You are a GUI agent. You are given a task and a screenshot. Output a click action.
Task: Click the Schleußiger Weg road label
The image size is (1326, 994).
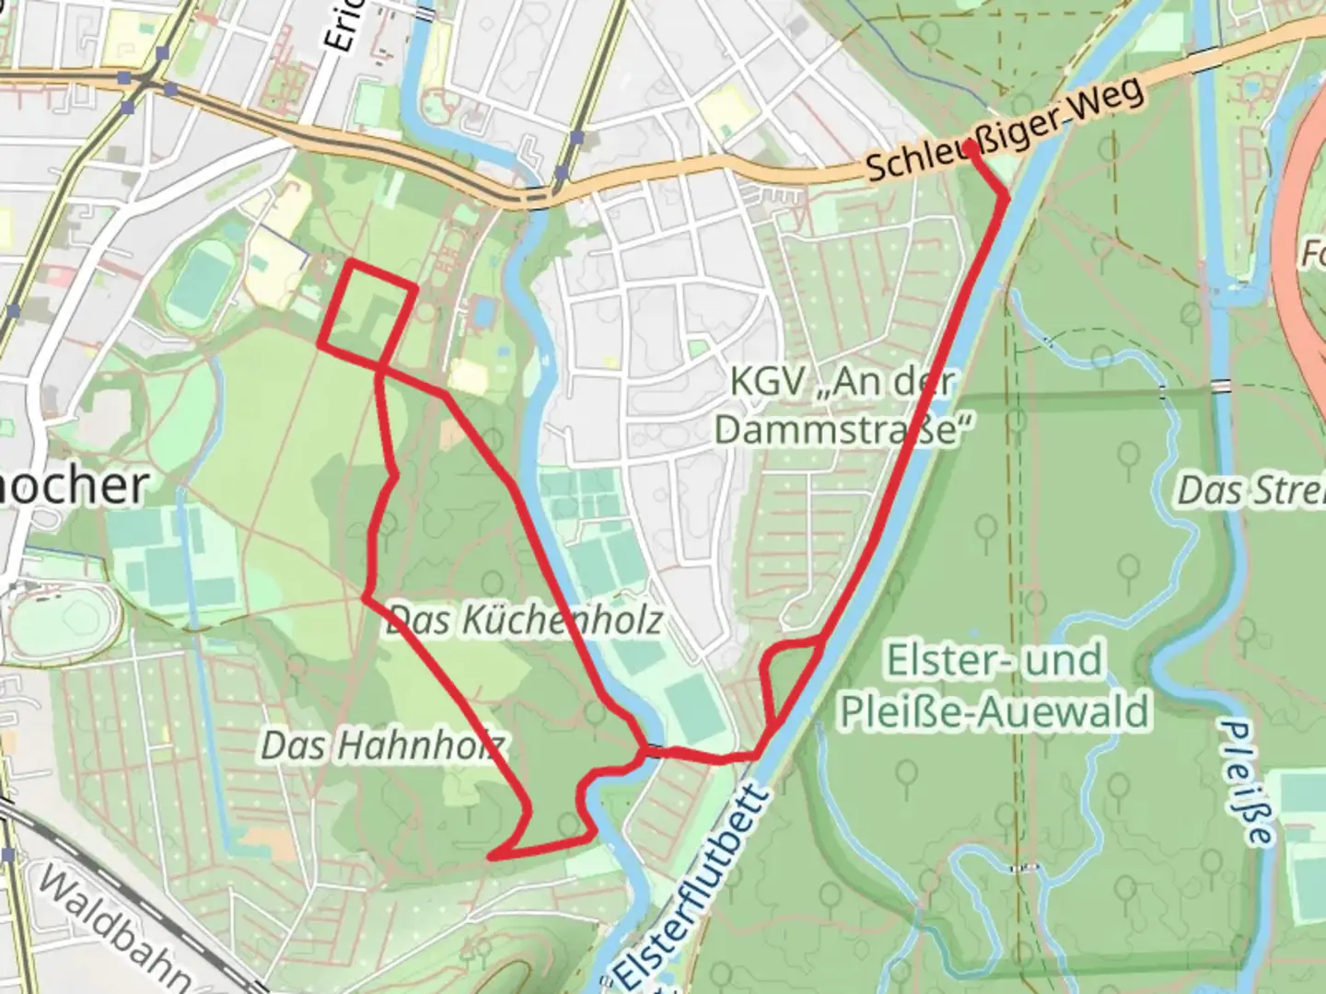pos(1006,129)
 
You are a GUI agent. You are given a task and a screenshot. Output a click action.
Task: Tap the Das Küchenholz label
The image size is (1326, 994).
pos(524,619)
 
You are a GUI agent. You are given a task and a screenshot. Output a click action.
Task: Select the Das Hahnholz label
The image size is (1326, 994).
pos(382,745)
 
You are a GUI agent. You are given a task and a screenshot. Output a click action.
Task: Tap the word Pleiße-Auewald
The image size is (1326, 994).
pos(994,711)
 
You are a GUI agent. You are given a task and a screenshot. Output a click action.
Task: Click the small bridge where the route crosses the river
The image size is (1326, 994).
pos(654,750)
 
